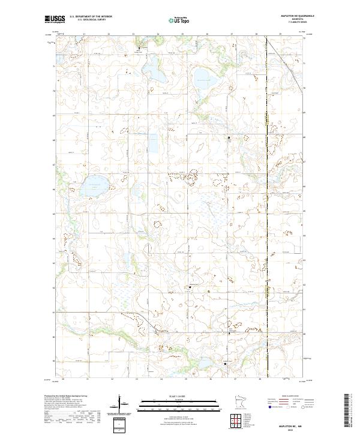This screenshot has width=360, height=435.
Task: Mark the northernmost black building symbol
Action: tap(141, 48)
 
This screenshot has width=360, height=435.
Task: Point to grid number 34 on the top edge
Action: tap(158, 35)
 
